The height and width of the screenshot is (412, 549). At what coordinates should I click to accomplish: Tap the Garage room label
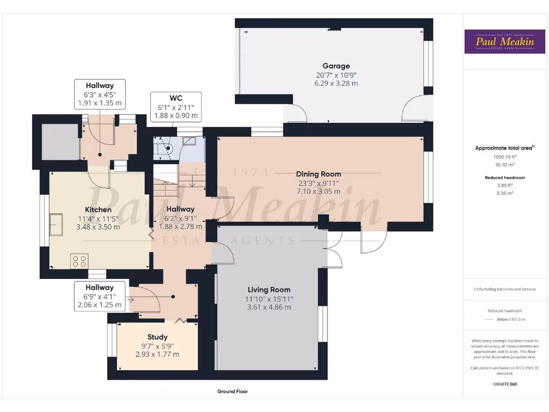(x=336, y=66)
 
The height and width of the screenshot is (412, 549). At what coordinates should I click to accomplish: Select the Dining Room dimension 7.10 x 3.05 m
(x=318, y=191)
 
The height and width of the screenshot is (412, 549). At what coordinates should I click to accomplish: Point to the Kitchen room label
(x=98, y=209)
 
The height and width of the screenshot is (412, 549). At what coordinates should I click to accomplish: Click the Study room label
(x=157, y=337)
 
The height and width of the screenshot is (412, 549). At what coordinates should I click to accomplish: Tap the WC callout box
(x=176, y=107)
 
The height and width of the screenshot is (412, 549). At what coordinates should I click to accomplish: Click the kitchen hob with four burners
(x=79, y=261)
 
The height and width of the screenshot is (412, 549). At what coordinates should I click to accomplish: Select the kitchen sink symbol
(x=56, y=224)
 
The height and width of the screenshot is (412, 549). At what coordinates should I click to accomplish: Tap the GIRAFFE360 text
(x=504, y=384)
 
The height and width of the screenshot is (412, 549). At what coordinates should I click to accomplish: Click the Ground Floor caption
(x=232, y=392)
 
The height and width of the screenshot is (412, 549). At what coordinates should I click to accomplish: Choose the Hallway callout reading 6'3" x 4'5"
(x=99, y=94)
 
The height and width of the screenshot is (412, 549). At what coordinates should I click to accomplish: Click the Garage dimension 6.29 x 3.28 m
(x=336, y=84)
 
